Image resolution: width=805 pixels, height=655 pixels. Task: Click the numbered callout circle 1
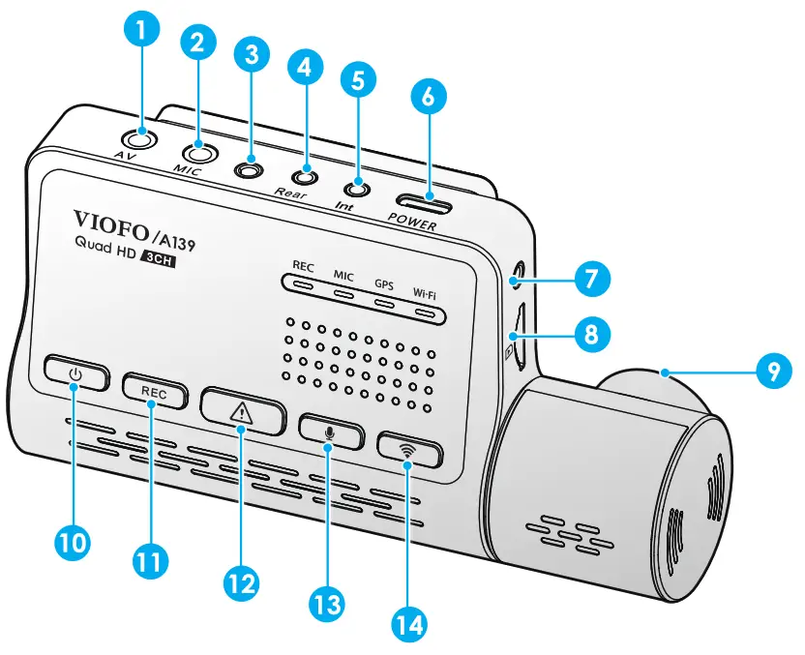click(x=143, y=31)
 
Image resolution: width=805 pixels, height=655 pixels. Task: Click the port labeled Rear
click(x=306, y=177)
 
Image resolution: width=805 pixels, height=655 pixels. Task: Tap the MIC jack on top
click(x=200, y=151)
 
